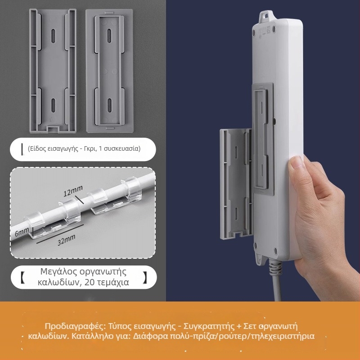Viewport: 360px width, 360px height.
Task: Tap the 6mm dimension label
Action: click(22, 232)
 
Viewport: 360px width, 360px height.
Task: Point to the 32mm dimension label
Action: click(67, 240)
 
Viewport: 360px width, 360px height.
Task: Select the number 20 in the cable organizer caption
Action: click(90, 282)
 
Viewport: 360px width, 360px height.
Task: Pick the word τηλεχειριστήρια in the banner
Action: click(283, 337)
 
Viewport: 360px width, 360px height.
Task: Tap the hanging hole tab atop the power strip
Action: click(267, 17)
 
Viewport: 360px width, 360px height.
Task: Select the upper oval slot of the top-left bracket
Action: click(53, 36)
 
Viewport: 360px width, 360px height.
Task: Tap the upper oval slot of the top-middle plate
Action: click(109, 36)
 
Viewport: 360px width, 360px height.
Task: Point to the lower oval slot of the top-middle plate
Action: click(109, 105)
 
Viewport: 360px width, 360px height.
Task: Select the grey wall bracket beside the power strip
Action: click(236, 184)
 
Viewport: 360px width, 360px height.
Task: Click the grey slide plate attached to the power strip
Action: click(263, 139)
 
